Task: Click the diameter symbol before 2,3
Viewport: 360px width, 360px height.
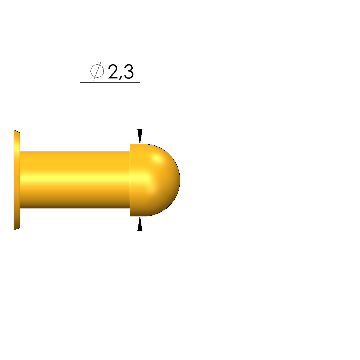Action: [x=97, y=71]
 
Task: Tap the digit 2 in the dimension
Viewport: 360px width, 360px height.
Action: [x=114, y=72]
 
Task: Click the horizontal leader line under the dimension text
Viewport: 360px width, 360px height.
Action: [x=110, y=82]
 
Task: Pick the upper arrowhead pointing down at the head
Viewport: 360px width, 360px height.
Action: [x=140, y=136]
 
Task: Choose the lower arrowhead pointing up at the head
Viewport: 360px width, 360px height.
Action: [x=140, y=224]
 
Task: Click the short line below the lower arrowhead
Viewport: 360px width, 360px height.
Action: [x=140, y=235]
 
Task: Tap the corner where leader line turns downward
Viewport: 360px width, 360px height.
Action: [x=140, y=82]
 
